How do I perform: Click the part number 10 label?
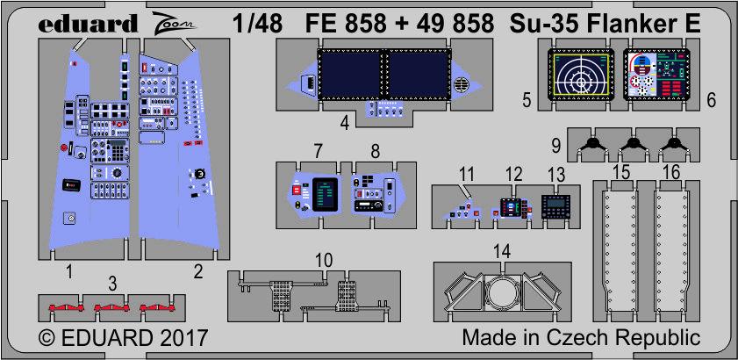325,261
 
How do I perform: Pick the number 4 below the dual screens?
345,123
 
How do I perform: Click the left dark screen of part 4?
347,76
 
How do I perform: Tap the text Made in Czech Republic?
580,338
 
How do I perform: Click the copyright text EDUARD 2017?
123,338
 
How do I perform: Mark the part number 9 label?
557,144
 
